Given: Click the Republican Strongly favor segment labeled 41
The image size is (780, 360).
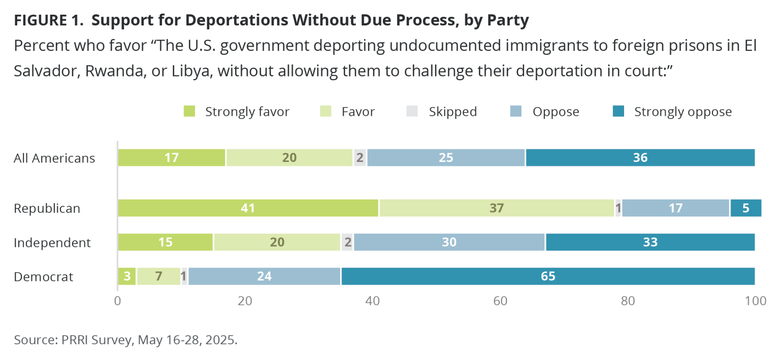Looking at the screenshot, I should (x=248, y=208).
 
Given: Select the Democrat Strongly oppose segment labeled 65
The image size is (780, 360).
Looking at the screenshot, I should (x=548, y=277).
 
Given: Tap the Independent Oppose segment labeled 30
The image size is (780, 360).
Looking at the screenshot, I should (x=449, y=242).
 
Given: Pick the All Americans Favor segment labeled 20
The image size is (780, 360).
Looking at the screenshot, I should (x=289, y=158).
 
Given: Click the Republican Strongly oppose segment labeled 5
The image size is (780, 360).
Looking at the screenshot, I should (x=745, y=208).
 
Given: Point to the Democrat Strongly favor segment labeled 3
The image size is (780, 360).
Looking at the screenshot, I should (x=127, y=277).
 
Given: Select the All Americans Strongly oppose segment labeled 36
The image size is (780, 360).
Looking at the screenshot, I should (x=640, y=158).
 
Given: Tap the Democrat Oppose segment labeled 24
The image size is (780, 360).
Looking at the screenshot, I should (x=265, y=277).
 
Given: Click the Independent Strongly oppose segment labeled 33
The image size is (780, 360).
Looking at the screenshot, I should (x=650, y=242).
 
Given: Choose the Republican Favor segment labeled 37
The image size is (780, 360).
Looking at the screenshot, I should (x=496, y=208).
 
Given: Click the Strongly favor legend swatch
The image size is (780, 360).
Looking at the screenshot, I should (x=189, y=112).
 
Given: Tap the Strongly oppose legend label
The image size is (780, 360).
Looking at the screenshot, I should (x=683, y=112).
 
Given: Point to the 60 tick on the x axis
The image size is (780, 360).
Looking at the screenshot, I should (x=501, y=301).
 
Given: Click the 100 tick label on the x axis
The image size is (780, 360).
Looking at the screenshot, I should (x=755, y=301).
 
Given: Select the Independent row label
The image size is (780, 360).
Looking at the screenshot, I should (x=52, y=243).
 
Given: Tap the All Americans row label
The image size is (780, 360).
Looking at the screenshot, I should (x=54, y=158).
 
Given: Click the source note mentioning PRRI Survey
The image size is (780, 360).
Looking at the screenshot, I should (x=125, y=340).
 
